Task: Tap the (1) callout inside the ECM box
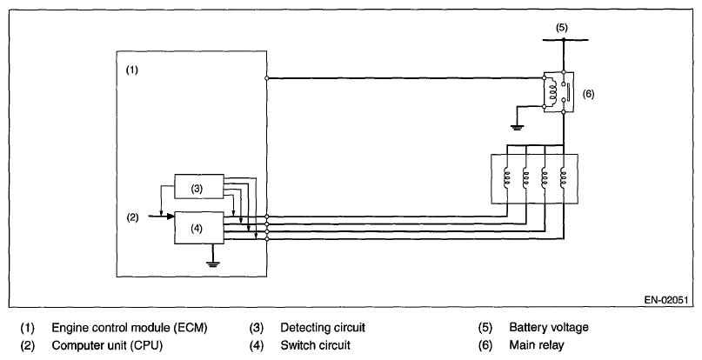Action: pos(131,70)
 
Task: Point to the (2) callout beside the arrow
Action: pos(132,218)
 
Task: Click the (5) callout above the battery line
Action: pos(561,27)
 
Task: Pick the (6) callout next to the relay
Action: pos(588,94)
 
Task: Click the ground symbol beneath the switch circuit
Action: pos(212,263)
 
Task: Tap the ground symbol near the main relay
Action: pos(517,128)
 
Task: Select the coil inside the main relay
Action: pos(552,92)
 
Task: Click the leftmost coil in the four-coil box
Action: pos(507,178)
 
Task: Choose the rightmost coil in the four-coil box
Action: pos(563,178)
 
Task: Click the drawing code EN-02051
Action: pos(665,300)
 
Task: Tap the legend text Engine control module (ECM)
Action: pos(130,328)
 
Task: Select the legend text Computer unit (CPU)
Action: pos(108,346)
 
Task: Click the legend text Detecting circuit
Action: pos(323,328)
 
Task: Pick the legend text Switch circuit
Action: pos(316,346)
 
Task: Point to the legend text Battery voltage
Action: pos(549,328)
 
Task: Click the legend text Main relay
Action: pos(537,346)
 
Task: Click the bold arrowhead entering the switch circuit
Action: pos(170,217)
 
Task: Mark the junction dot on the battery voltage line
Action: pos(563,40)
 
